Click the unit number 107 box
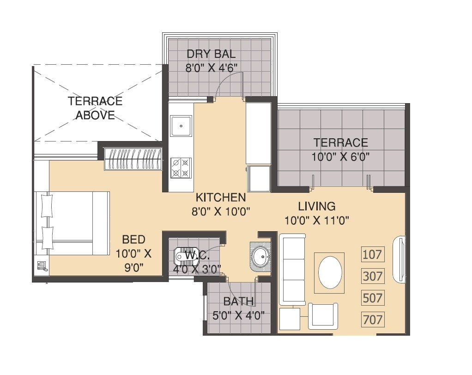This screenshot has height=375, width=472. tap(373, 254)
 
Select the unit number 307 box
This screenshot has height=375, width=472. tap(373, 276)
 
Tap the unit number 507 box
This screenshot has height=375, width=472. tap(373, 298)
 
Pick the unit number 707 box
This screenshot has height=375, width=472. tap(373, 320)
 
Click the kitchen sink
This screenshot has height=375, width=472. tap(181, 125)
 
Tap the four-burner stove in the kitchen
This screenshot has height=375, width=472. tap(181, 168)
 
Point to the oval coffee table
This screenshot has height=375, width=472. tap(329, 272)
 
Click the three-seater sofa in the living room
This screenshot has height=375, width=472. tap(292, 269)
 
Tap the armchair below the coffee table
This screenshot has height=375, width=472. tap(323, 317)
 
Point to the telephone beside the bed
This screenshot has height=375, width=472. tap(42, 266)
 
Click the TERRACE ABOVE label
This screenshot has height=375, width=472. tap(95, 108)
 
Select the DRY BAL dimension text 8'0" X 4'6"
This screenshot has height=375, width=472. tap(212, 68)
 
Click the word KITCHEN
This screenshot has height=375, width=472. tap(221, 198)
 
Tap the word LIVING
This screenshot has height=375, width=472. tap(316, 206)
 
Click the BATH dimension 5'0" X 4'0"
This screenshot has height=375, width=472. tap(238, 317)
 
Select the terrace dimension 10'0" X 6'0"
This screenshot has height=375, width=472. tap(341, 157)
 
